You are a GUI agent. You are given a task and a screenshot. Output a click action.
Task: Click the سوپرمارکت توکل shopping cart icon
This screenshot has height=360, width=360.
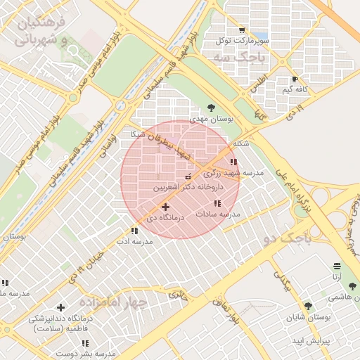242,30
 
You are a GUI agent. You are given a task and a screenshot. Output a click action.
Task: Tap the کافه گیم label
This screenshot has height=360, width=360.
297,89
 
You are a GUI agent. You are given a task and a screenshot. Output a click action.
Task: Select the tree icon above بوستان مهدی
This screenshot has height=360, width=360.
211,108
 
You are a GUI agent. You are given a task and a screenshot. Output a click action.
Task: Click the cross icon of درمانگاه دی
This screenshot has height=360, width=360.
165,207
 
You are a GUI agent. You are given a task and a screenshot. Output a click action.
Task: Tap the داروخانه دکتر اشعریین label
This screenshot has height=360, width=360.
186,188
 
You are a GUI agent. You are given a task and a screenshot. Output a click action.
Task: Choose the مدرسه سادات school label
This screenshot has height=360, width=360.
218,213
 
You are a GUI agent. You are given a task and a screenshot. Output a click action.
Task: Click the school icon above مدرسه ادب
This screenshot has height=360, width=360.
134,231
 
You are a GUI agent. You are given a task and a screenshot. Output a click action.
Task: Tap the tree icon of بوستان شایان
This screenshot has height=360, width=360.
307,306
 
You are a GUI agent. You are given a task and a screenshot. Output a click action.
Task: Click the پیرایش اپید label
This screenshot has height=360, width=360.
307,341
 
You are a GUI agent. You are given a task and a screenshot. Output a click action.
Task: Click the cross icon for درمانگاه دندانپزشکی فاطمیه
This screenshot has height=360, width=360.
60,307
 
